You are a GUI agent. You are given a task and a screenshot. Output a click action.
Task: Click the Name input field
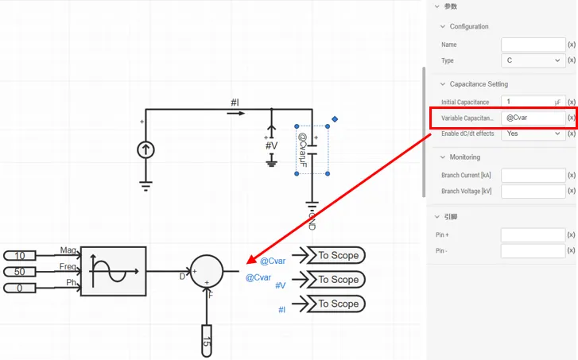coord(532,45)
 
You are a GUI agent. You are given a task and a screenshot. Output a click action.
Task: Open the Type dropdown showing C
coord(532,60)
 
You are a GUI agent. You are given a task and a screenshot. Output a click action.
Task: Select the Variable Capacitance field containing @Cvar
coord(532,118)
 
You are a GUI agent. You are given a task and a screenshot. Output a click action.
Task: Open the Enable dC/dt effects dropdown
coord(532,134)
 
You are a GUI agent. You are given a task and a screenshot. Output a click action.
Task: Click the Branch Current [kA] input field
coord(532,175)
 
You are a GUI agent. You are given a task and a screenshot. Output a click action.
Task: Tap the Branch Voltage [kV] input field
coord(532,191)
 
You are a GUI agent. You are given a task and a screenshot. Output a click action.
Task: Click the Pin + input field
coord(532,235)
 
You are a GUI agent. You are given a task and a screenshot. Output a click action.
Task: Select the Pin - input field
coord(532,251)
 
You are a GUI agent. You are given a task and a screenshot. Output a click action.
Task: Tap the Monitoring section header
coord(464,157)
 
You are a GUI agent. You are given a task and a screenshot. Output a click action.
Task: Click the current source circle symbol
coord(145,149)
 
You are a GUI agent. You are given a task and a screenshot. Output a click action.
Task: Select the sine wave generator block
coord(113,270)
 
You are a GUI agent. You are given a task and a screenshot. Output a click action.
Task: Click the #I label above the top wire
coord(235,103)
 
